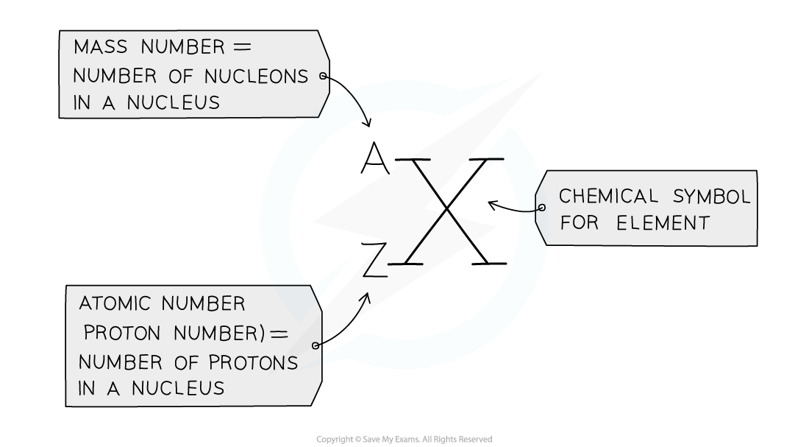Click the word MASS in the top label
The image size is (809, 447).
pyautogui.click(x=101, y=48)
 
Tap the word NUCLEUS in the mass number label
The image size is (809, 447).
pyautogui.click(x=173, y=103)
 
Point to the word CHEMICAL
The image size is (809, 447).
pyautogui.click(x=608, y=197)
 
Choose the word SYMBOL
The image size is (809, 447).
pyautogui.click(x=711, y=197)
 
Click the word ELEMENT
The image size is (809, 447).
pyautogui.click(x=663, y=223)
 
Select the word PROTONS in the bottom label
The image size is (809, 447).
pyautogui.click(x=254, y=362)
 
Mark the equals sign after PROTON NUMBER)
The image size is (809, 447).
pyautogui.click(x=279, y=334)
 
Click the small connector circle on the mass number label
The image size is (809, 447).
pyautogui.click(x=323, y=76)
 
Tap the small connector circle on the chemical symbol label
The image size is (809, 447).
pyautogui.click(x=542, y=208)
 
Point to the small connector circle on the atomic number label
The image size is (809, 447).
pyautogui.click(x=316, y=345)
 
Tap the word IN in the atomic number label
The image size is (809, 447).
pyautogui.click(x=87, y=388)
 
